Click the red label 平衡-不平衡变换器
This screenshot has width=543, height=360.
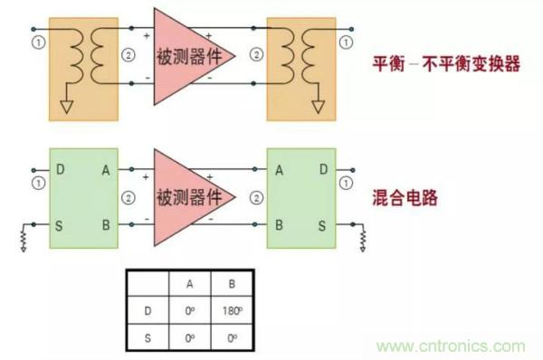(446, 64)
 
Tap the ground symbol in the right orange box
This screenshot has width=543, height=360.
(318, 108)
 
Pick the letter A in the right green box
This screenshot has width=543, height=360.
(279, 169)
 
